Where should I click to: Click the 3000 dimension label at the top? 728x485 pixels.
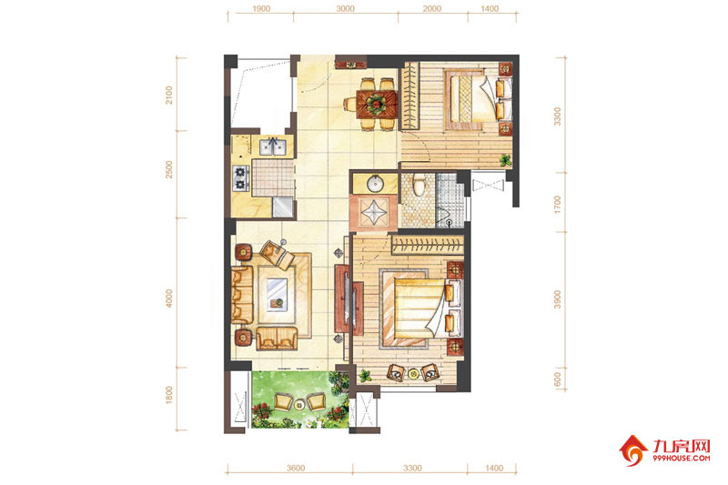(x=346, y=8)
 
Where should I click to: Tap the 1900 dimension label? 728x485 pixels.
(x=261, y=8)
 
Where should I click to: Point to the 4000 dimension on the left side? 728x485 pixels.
(x=169, y=298)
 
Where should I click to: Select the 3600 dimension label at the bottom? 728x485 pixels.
(x=296, y=468)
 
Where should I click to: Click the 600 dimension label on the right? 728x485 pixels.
(x=558, y=379)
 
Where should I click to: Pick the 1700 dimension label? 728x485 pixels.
(x=558, y=204)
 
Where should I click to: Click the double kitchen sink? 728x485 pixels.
(x=272, y=147)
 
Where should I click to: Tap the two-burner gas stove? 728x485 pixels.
(x=241, y=178)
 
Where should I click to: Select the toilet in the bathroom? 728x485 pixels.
(x=420, y=185)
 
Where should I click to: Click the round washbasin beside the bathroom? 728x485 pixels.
(x=374, y=184)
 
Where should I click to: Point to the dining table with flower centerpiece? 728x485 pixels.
(x=377, y=104)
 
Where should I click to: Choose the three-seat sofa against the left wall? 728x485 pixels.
(x=242, y=295)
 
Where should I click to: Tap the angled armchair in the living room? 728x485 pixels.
(x=277, y=255)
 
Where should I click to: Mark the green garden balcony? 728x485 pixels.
(x=300, y=399)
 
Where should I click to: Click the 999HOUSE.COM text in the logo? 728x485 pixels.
(x=681, y=458)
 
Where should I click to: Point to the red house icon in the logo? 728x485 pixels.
(x=633, y=450)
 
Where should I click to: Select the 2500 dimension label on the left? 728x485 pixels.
(x=169, y=169)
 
